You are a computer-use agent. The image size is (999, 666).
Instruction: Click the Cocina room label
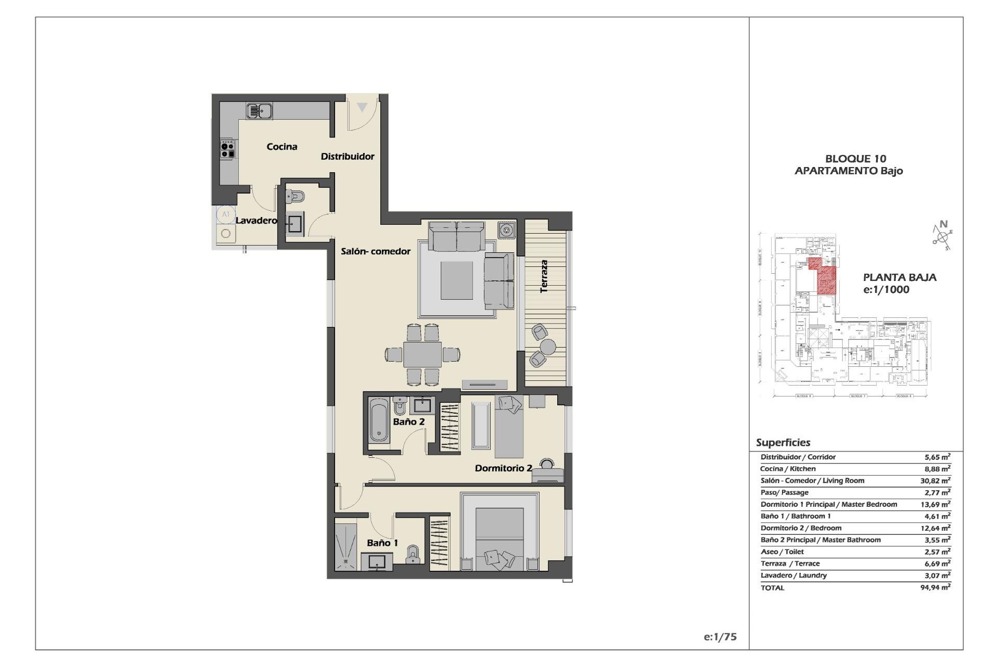coord(282,147)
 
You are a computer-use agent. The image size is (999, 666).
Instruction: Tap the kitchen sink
coord(259,111)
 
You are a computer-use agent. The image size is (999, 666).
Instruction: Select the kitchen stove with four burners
coord(227,148)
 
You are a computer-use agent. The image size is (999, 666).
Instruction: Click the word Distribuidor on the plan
coord(347,157)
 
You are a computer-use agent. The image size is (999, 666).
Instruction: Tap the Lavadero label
coord(256,221)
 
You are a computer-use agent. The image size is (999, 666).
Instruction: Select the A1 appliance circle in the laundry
coord(226,214)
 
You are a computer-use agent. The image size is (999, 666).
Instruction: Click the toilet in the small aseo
coord(296,197)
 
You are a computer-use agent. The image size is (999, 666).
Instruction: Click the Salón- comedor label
coord(376,251)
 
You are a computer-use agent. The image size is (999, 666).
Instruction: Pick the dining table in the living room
coord(422,355)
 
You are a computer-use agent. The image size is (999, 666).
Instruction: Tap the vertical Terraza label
coord(544,276)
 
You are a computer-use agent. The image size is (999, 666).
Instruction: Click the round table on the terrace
coord(547,346)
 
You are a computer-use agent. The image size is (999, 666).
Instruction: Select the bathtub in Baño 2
coord(379,420)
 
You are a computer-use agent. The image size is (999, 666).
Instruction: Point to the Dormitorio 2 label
coord(503,468)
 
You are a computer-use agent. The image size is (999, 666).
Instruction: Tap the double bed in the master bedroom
coord(499,539)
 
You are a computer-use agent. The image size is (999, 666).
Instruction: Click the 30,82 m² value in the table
coord(935,481)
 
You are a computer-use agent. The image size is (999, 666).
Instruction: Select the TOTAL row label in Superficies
coord(772,588)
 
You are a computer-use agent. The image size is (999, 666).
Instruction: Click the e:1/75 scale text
coord(720,637)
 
